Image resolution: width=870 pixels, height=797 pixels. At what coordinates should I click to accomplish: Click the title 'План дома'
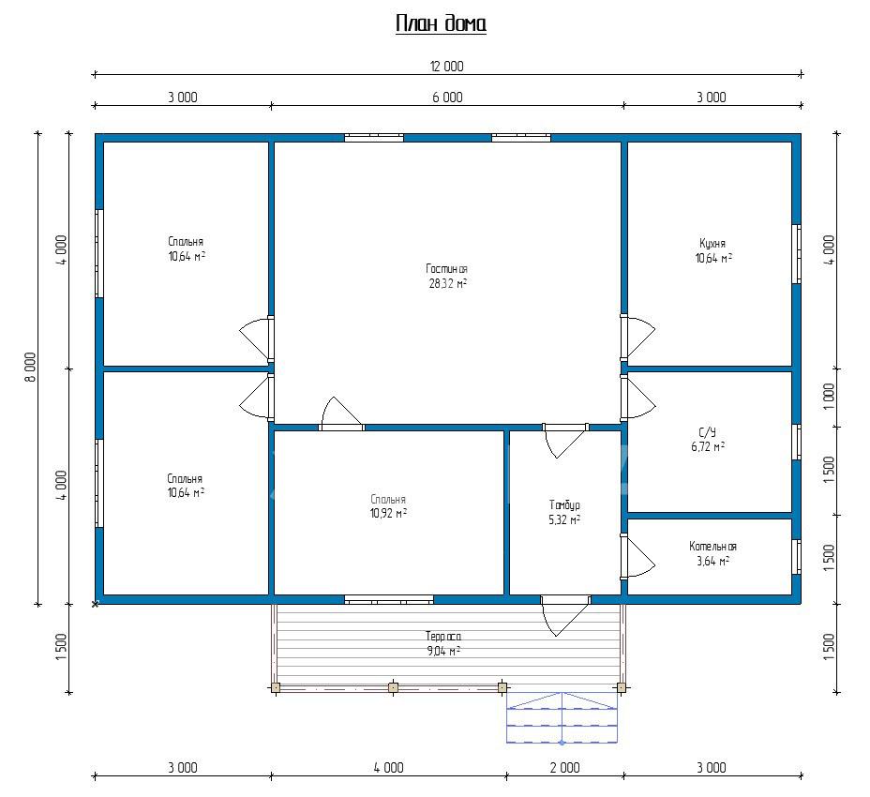442,23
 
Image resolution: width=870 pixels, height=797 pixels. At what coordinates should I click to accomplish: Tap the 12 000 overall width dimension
446,67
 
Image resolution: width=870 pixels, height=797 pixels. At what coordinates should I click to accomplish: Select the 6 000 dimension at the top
447,98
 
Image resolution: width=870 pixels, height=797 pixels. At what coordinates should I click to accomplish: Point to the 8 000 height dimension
30,367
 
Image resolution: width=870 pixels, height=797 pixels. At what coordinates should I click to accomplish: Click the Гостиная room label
446,268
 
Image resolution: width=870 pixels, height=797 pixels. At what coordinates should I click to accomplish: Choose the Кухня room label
712,243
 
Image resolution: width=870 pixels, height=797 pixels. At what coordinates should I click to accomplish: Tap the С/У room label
708,432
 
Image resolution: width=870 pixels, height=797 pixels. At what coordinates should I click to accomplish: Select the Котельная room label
713,546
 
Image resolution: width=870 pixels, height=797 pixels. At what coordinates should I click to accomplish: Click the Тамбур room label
564,505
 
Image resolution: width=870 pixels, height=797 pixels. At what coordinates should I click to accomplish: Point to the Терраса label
443,636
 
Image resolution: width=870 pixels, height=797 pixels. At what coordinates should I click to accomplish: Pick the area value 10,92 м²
388,514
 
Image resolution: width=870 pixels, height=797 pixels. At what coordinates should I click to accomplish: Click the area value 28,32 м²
447,283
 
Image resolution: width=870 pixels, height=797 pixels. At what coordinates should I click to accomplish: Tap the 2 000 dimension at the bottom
564,768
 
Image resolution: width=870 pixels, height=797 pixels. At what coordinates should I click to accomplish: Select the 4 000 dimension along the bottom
388,768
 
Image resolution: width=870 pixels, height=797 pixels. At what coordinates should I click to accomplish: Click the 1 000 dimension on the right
829,397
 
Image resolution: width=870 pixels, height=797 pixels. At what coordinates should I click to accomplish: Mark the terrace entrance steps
562,717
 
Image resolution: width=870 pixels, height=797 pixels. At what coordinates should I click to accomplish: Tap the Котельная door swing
638,557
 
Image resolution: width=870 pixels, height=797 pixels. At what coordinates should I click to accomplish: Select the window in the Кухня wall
796,254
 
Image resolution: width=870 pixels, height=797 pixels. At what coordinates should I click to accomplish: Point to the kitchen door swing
638,337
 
